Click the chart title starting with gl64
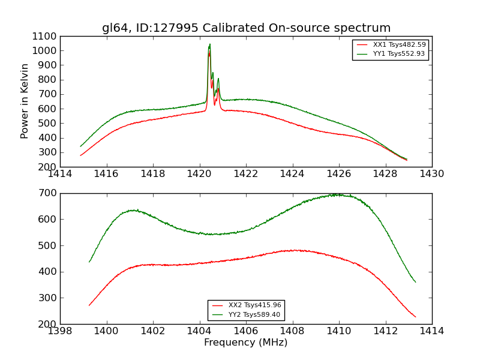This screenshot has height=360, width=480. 246,28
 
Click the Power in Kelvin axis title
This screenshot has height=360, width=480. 25,101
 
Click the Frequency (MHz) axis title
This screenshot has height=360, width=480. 246,343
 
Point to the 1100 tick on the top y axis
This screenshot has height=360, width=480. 47,36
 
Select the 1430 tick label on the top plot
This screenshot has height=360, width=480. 432,174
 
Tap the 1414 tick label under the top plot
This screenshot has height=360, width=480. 60,174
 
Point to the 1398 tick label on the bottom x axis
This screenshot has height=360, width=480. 60,331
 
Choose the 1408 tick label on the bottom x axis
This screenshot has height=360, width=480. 292,331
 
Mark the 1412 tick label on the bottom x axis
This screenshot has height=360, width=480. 385,331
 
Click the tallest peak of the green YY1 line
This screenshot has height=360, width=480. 209,44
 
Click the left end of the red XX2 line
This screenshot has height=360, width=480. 89,305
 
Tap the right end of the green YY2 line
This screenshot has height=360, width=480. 415,282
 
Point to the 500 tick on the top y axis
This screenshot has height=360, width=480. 50,123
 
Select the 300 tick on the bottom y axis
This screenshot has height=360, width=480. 50,298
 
